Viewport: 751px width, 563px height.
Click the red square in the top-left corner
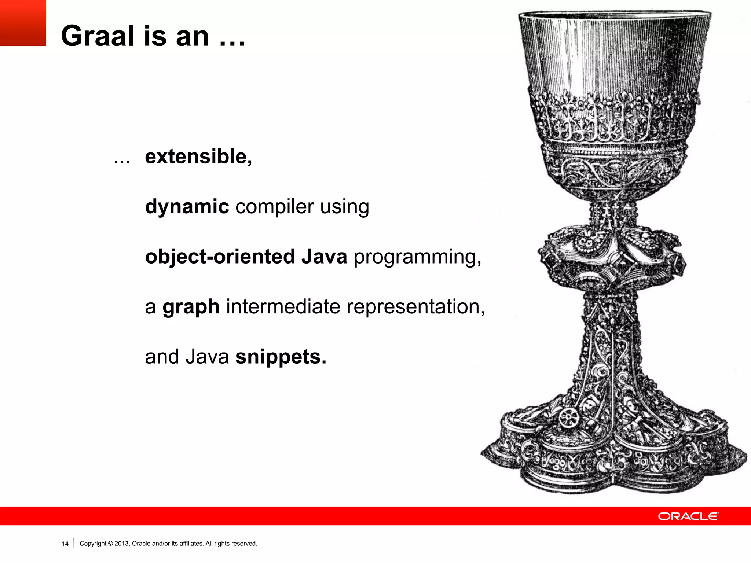coord(23,23)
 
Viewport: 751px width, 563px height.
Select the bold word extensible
coord(198,157)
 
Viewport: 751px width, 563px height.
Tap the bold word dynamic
coord(187,207)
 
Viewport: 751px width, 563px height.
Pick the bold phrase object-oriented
coord(220,257)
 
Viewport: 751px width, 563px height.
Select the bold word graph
coord(191,307)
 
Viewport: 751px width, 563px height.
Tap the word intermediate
coord(283,306)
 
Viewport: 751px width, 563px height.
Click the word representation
coord(415,307)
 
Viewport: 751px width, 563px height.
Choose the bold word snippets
coord(281,357)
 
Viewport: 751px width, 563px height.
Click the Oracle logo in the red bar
coord(688,516)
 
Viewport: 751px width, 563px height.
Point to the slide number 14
coord(65,544)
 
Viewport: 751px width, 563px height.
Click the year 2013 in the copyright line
coord(121,544)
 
